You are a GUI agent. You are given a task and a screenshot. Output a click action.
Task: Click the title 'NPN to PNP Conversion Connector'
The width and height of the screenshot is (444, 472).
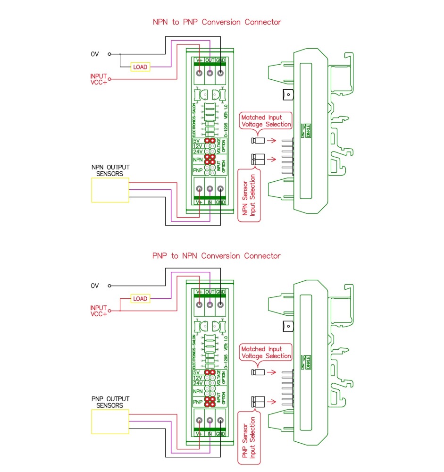pyautogui.click(x=217, y=22)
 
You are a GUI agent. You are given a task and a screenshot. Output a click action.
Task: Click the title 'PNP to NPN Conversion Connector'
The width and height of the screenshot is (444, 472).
pyautogui.click(x=217, y=256)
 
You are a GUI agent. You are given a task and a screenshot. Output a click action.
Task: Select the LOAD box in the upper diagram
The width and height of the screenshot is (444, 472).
pyautogui.click(x=140, y=67)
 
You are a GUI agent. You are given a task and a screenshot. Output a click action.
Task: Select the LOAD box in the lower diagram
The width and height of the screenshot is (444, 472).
pyautogui.click(x=140, y=299)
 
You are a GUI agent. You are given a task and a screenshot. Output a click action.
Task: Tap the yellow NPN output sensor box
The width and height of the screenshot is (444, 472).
pyautogui.click(x=110, y=191)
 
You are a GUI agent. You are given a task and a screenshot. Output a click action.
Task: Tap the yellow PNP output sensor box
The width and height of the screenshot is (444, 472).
pyautogui.click(x=110, y=422)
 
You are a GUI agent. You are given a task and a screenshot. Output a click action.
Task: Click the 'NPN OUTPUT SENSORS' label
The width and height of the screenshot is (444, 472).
pyautogui.click(x=110, y=170)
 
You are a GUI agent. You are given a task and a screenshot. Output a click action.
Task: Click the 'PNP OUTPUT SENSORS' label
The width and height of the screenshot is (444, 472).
pyautogui.click(x=110, y=402)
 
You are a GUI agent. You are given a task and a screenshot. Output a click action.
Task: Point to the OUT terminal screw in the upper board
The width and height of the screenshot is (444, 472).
pyautogui.click(x=209, y=73)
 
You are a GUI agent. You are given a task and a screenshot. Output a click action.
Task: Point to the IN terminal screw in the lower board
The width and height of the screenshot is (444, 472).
pyautogui.click(x=209, y=421)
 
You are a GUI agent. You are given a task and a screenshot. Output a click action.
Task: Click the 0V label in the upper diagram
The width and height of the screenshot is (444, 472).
pyautogui.click(x=95, y=54)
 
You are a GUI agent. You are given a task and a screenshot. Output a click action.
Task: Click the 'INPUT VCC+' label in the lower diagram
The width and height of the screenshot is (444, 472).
pyautogui.click(x=99, y=311)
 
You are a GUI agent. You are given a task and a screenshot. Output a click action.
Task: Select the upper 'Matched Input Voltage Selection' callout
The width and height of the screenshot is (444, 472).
pyautogui.click(x=266, y=120)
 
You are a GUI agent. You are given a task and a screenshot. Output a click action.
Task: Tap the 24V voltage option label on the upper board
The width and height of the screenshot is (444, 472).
pyautogui.click(x=198, y=152)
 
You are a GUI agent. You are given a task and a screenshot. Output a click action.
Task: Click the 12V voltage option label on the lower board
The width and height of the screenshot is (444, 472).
pyautogui.click(x=198, y=378)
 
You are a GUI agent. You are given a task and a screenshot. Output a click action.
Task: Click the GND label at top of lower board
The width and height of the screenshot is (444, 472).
pyautogui.click(x=220, y=292)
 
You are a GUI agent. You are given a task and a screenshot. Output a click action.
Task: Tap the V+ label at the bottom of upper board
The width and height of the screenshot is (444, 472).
pyautogui.click(x=199, y=202)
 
